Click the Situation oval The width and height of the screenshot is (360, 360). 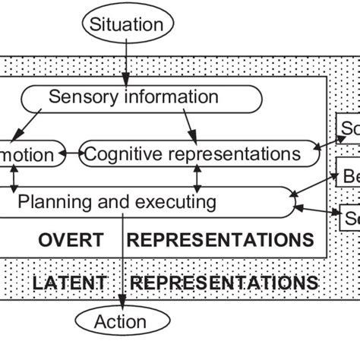pos(127,24)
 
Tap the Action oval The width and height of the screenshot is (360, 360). pos(120,321)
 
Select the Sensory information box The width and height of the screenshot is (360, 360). pos(141,98)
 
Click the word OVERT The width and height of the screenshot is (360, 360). pos(71,241)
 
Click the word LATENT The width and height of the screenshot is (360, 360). pos(69,283)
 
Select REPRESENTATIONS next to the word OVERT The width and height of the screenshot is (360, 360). pos(220,241)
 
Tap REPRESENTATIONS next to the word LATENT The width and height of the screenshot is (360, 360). pos(224,283)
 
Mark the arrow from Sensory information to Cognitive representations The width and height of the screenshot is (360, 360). pos(188,125)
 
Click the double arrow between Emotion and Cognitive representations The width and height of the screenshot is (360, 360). pos(68,154)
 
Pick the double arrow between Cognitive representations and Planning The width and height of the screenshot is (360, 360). pos(197,178)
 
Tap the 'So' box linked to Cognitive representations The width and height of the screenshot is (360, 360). pos(349,129)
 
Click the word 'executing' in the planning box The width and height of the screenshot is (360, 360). pos(174,202)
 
